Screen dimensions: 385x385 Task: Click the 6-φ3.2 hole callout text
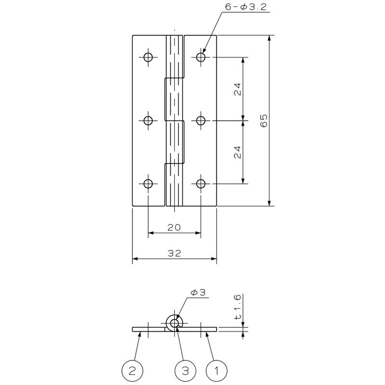(x=246, y=7)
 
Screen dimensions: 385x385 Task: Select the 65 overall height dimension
(x=264, y=121)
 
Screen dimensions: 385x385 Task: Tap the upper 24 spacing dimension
(x=237, y=89)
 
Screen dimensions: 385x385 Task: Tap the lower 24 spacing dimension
(x=237, y=153)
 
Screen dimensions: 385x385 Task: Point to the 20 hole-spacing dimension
(x=174, y=228)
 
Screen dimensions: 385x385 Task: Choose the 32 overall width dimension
(x=174, y=253)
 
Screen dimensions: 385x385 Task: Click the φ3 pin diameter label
(x=198, y=293)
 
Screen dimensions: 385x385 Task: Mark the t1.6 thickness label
(x=237, y=307)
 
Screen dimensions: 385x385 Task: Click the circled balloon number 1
(x=217, y=371)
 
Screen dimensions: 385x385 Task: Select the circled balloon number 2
(x=132, y=371)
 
